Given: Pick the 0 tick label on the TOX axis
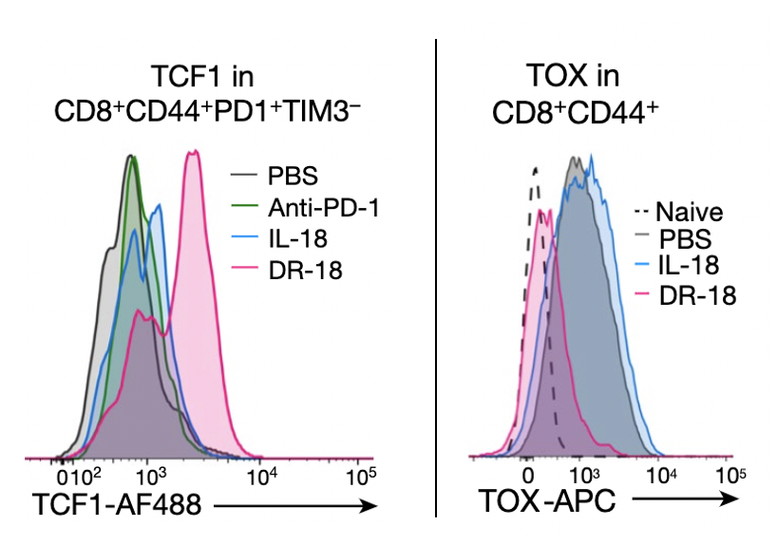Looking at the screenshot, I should point(528,475).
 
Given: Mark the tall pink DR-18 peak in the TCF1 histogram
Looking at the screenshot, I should point(194,157).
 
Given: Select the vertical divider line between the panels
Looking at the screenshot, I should point(435,275).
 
